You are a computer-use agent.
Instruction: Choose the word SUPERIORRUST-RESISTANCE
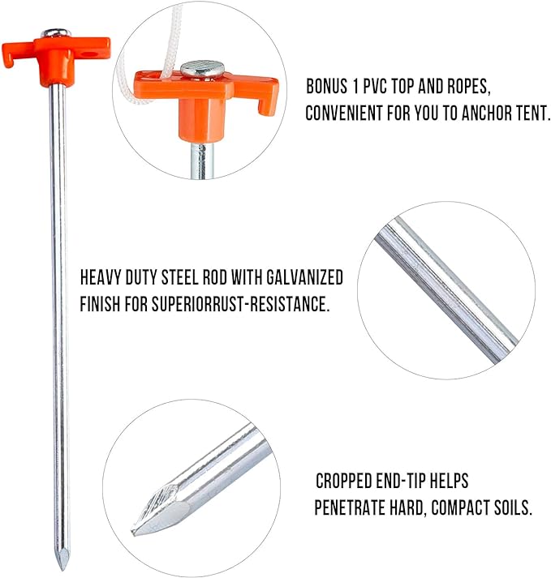click(x=240, y=304)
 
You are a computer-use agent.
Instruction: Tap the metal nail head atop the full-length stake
click(x=56, y=33)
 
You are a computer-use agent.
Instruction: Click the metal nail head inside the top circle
click(x=202, y=69)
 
